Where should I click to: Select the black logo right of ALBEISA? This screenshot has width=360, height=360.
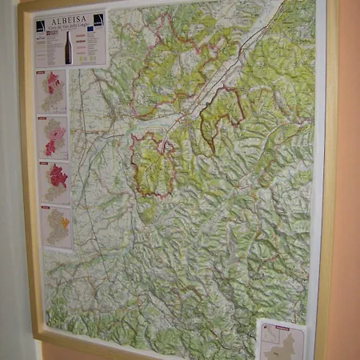pos(98,19)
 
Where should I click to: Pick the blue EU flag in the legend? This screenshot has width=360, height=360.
pos(90,30)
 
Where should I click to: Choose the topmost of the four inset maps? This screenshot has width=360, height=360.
pos(52,90)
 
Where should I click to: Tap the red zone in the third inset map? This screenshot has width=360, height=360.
pos(58,176)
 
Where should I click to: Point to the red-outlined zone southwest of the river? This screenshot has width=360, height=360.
pos(154,164)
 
